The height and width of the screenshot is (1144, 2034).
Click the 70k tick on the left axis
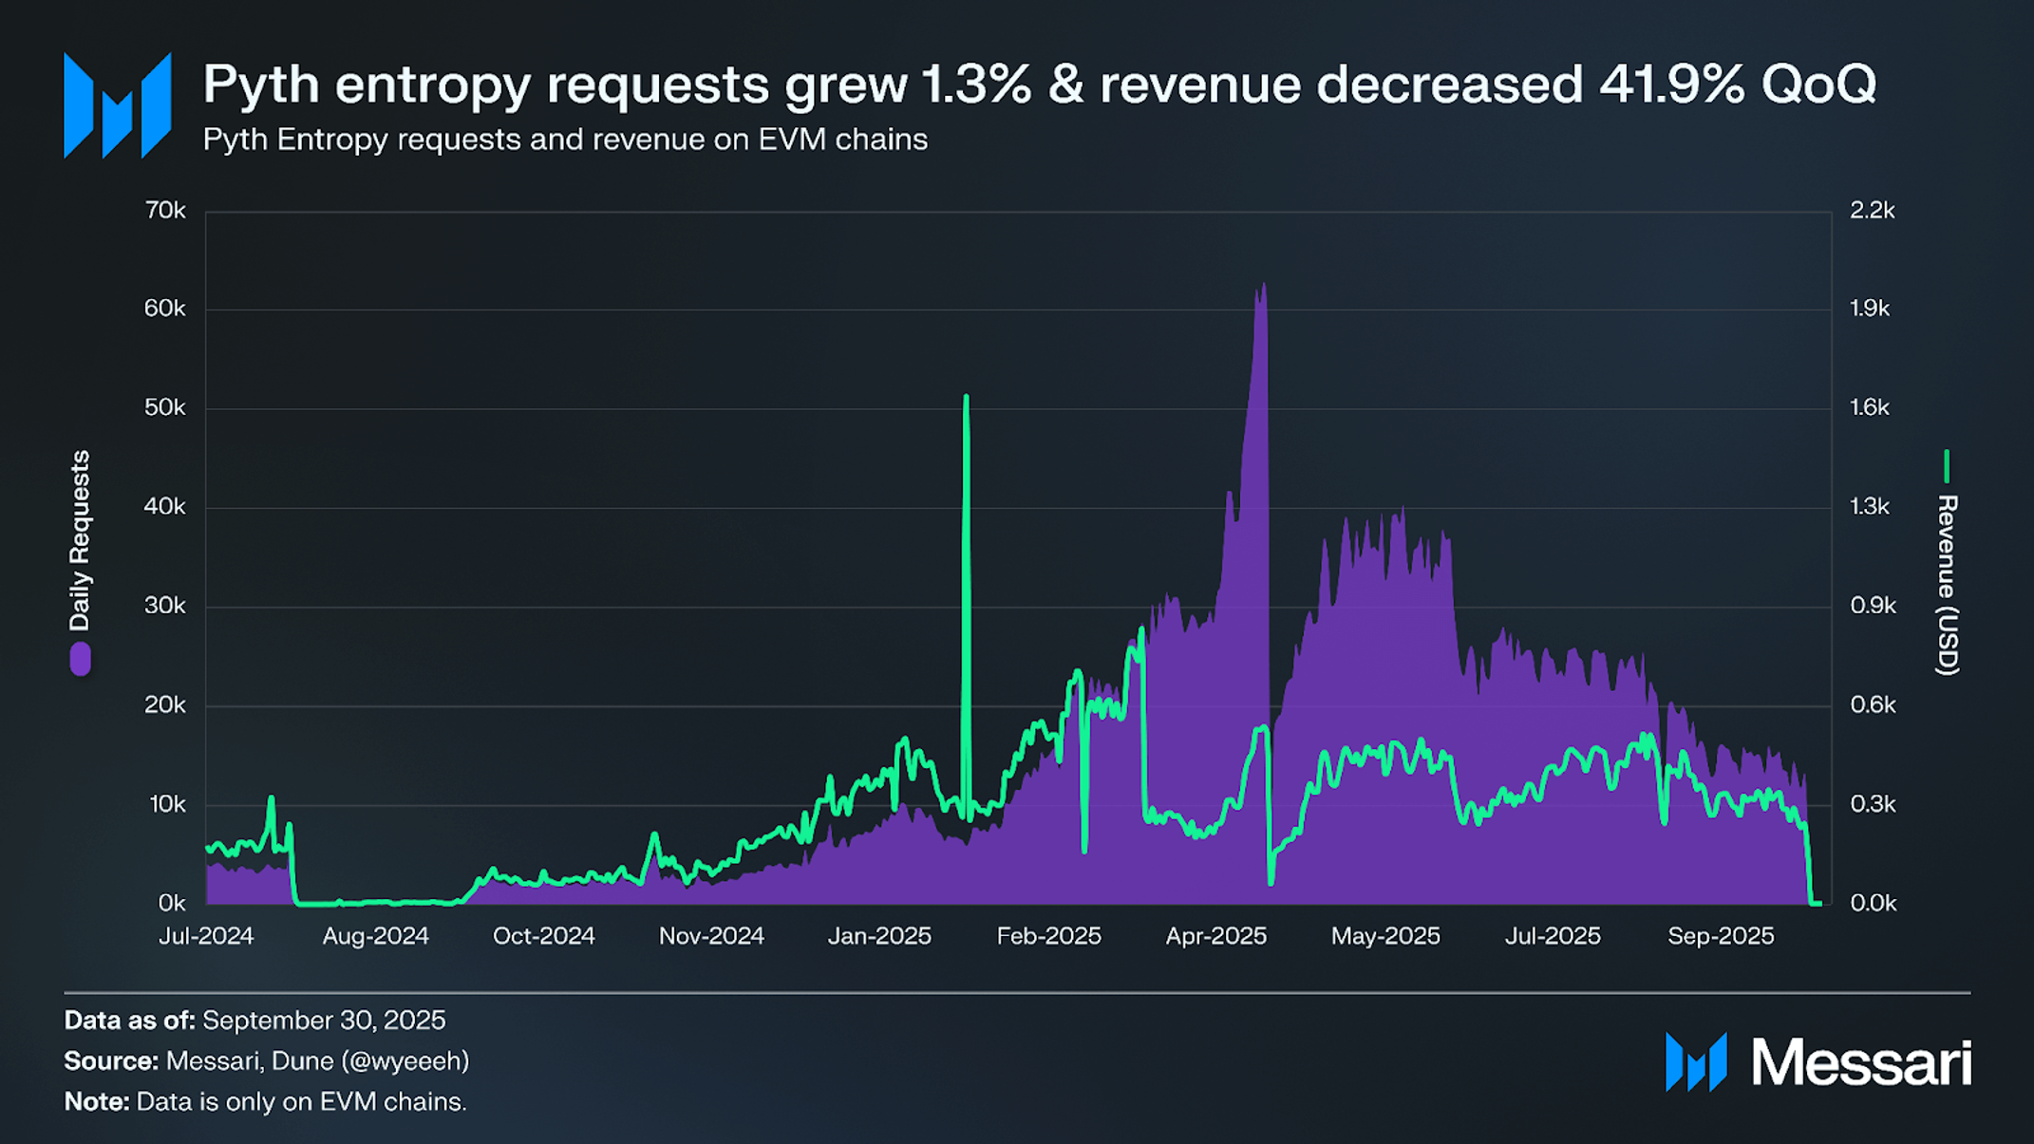click(165, 210)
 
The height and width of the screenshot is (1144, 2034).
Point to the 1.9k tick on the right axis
click(1870, 309)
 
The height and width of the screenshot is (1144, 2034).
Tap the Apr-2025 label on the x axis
click(1215, 936)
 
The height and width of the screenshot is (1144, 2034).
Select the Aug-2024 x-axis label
click(375, 936)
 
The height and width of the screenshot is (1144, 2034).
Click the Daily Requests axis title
click(80, 540)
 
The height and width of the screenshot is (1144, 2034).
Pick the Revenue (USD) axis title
click(1948, 584)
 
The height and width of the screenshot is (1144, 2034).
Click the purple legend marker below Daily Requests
click(81, 658)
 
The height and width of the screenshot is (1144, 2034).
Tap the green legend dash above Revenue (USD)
click(1947, 465)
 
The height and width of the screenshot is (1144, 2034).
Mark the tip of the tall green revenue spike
click(966, 397)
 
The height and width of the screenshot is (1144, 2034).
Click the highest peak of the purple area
click(1263, 285)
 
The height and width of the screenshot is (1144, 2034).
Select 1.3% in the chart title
click(976, 84)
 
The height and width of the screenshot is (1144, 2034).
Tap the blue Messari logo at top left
click(117, 105)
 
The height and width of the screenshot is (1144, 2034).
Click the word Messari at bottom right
click(1860, 1062)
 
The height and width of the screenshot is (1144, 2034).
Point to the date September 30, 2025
click(324, 1021)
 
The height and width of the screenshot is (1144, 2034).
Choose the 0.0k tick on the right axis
click(1873, 903)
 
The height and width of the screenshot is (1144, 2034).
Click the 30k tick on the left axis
click(165, 606)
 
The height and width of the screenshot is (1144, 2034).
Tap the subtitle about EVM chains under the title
click(565, 140)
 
